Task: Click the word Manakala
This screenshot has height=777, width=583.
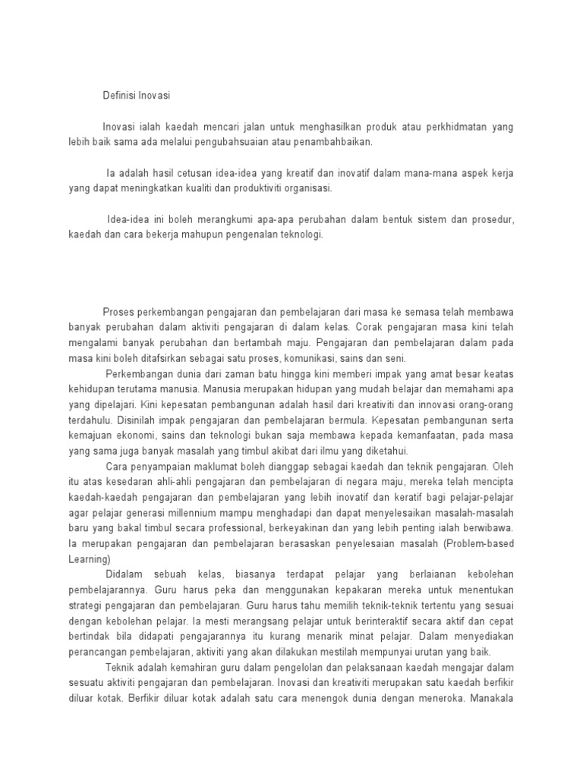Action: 491,698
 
